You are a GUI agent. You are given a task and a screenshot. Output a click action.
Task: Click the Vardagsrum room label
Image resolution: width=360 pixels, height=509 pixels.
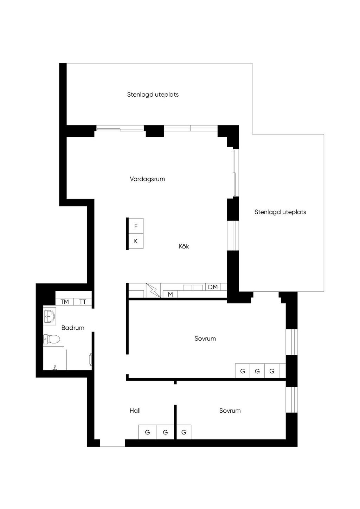click(x=147, y=179)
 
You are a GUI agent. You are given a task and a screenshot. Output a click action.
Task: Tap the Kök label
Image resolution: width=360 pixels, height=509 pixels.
click(x=184, y=246)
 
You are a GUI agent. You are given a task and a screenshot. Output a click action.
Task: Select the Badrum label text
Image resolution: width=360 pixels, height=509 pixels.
click(x=73, y=328)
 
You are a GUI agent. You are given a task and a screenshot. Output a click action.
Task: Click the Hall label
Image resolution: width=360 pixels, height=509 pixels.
click(x=135, y=411)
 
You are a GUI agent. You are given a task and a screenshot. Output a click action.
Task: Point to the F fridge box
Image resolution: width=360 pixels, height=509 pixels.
click(x=136, y=226)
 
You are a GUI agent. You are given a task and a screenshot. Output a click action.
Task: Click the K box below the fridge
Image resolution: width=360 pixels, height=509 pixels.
click(x=136, y=241)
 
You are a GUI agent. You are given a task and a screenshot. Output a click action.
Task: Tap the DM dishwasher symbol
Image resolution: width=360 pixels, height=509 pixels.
click(x=213, y=287)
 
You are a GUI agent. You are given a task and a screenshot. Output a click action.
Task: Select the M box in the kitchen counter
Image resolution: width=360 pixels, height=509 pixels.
click(x=170, y=294)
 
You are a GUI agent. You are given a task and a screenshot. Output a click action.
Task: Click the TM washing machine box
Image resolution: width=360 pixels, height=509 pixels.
click(x=65, y=302)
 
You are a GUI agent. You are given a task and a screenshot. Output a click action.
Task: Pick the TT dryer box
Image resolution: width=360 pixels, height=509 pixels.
click(x=83, y=302)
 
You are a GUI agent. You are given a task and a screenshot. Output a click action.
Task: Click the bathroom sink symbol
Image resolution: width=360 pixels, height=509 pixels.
click(x=50, y=316)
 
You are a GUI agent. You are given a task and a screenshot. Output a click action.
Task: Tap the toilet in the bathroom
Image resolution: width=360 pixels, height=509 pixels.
click(x=52, y=340)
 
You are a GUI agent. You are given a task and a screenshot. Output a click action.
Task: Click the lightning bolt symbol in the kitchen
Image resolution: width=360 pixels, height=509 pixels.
click(x=153, y=290)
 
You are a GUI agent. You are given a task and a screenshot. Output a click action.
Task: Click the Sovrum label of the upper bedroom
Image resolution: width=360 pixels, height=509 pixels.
click(x=205, y=339)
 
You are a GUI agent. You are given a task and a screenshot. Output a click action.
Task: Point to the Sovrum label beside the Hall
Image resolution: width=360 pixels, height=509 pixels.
click(x=230, y=411)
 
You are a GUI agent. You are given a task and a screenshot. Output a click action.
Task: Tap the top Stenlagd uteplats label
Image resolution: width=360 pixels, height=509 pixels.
click(x=153, y=95)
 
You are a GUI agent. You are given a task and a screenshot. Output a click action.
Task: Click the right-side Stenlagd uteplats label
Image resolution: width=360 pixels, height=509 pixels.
click(x=280, y=212)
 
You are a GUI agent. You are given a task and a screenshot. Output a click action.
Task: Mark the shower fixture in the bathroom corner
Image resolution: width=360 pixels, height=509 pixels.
click(x=55, y=368)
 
